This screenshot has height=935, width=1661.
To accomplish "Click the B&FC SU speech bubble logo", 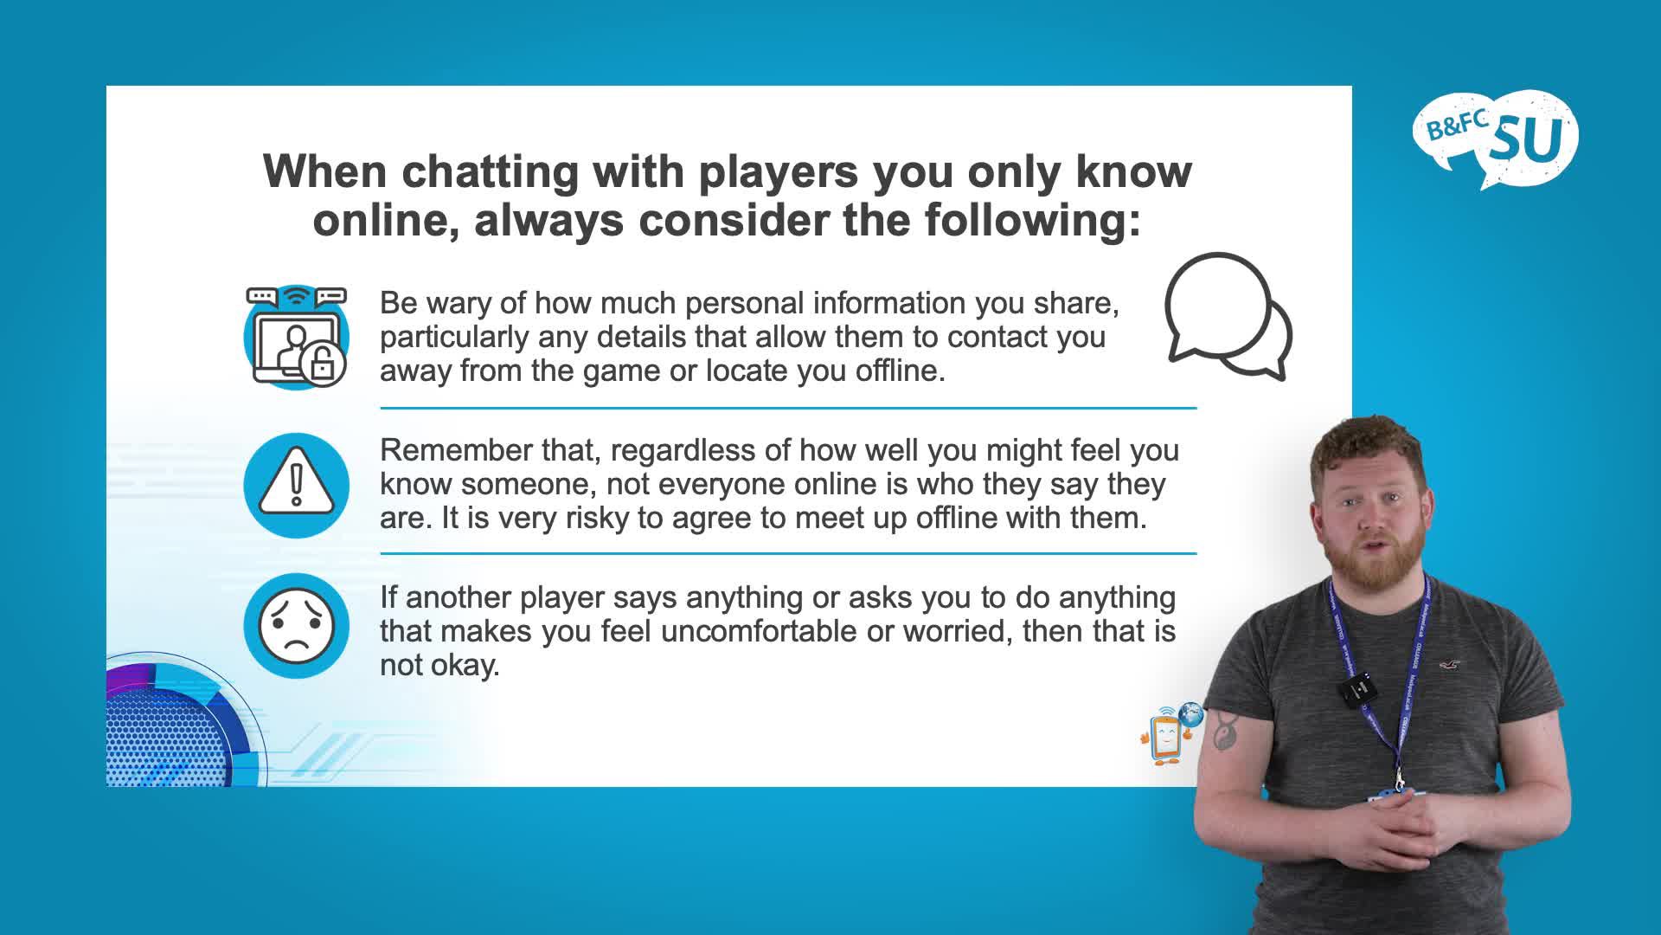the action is click(1495, 139).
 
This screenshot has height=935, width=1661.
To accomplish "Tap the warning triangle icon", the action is click(297, 486).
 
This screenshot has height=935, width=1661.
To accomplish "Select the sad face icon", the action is click(297, 626).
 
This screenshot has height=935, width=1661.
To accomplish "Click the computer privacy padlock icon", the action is click(297, 337).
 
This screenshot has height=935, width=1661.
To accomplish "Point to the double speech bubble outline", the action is click(1228, 317).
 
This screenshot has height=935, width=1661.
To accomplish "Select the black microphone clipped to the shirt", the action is click(1356, 689).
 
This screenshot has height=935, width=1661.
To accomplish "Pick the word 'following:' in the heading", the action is click(1033, 220).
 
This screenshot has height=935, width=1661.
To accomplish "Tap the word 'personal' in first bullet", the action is click(743, 304).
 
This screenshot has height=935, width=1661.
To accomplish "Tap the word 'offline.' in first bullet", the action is click(901, 371).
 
